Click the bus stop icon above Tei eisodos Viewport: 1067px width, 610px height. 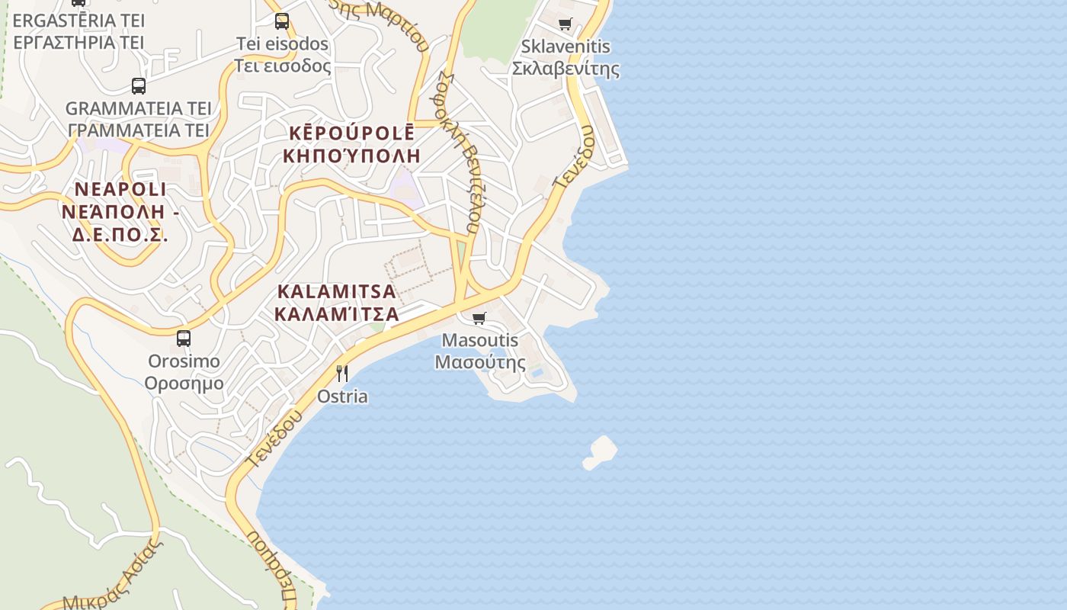pyautogui.click(x=282, y=21)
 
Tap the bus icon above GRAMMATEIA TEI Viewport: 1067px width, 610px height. pyautogui.click(x=138, y=86)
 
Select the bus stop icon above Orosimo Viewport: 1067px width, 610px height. pyautogui.click(x=184, y=339)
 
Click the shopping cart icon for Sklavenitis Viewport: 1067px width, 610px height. pyautogui.click(x=565, y=24)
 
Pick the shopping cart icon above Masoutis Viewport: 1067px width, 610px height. pyautogui.click(x=479, y=318)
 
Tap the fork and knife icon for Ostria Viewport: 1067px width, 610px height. pyautogui.click(x=342, y=373)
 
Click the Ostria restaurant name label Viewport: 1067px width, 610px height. pyautogui.click(x=342, y=396)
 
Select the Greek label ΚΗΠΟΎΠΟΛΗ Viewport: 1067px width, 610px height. pyautogui.click(x=351, y=156)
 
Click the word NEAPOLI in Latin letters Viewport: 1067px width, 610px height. pyautogui.click(x=120, y=189)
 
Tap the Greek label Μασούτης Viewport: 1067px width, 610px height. pyautogui.click(x=480, y=362)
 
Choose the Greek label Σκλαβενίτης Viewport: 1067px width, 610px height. pyautogui.click(x=565, y=69)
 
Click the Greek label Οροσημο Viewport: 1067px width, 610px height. pyautogui.click(x=184, y=383)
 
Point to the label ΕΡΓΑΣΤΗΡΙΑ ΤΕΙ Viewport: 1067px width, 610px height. pyautogui.click(x=79, y=42)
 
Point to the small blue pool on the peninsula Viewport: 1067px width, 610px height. pyautogui.click(x=538, y=373)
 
